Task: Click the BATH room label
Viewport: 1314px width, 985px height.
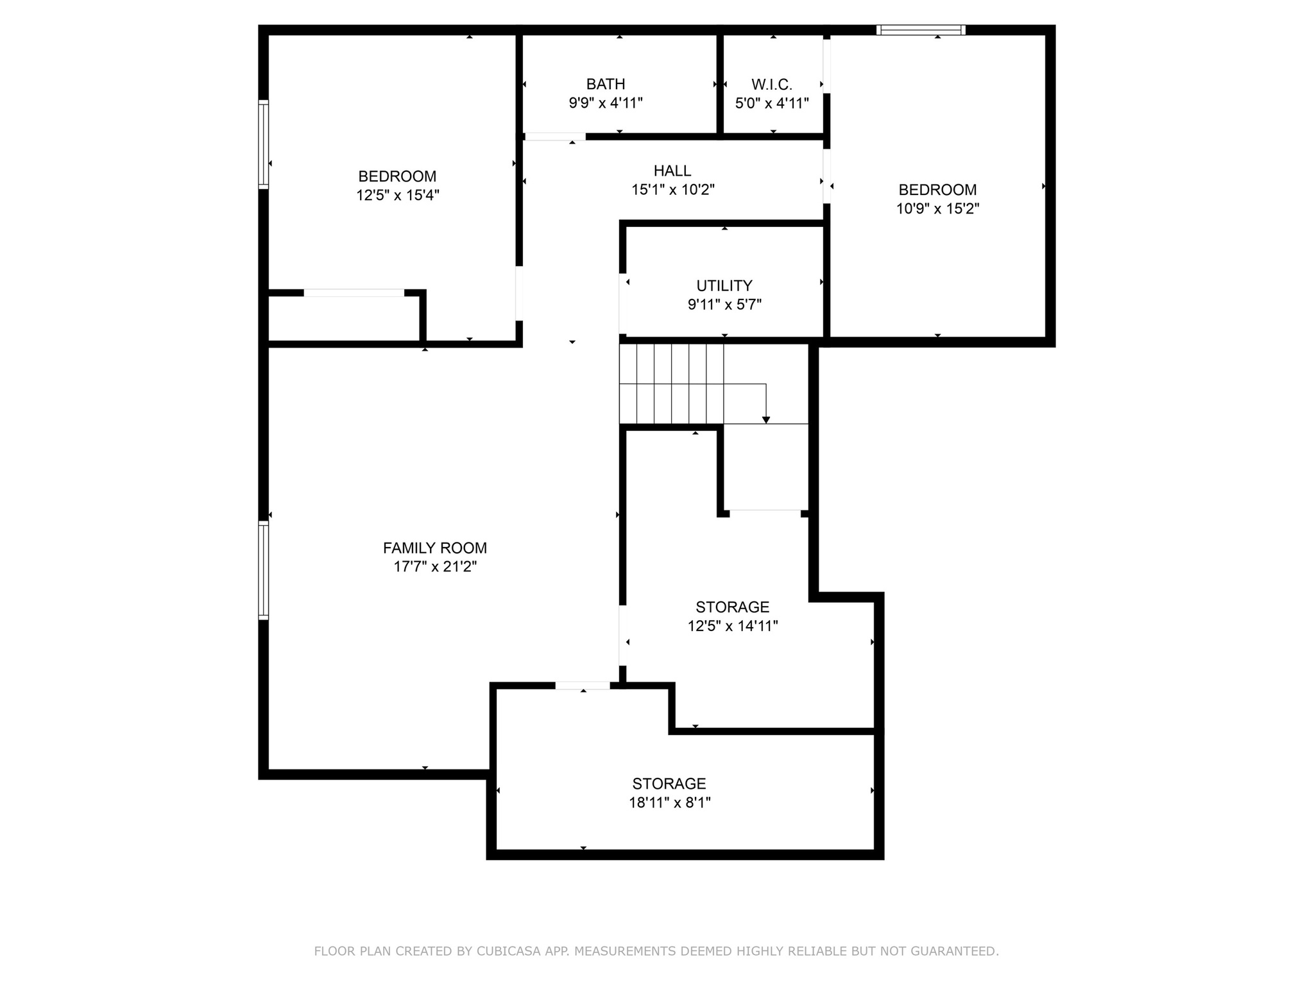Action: pyautogui.click(x=606, y=84)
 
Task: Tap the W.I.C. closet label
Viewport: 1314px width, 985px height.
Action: pyautogui.click(x=772, y=84)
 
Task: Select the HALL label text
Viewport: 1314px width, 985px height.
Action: pyautogui.click(x=672, y=171)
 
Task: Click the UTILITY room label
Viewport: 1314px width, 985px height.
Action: pyautogui.click(x=724, y=285)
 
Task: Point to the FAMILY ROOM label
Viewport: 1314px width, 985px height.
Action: pyautogui.click(x=435, y=548)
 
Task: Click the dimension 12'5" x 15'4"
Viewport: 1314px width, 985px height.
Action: pyautogui.click(x=398, y=195)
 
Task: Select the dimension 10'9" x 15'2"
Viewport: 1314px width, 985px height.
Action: pyautogui.click(x=937, y=208)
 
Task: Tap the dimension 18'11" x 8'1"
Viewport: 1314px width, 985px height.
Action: pyautogui.click(x=670, y=802)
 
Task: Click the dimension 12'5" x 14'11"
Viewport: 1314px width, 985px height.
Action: pyautogui.click(x=733, y=626)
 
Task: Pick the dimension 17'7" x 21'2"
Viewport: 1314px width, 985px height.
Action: pyautogui.click(x=435, y=567)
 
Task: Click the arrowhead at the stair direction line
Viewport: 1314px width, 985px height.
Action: pyautogui.click(x=766, y=420)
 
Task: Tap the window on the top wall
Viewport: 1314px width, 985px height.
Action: pyautogui.click(x=921, y=29)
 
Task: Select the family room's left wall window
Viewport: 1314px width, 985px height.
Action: pyautogui.click(x=263, y=570)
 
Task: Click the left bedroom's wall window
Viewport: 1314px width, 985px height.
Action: pyautogui.click(x=263, y=144)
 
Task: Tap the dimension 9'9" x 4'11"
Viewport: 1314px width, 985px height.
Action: pyautogui.click(x=606, y=103)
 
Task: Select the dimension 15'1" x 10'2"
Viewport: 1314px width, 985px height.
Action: pyautogui.click(x=672, y=190)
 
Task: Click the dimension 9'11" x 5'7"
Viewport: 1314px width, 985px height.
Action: pyautogui.click(x=724, y=305)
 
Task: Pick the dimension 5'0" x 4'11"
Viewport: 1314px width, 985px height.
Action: pyautogui.click(x=772, y=103)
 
